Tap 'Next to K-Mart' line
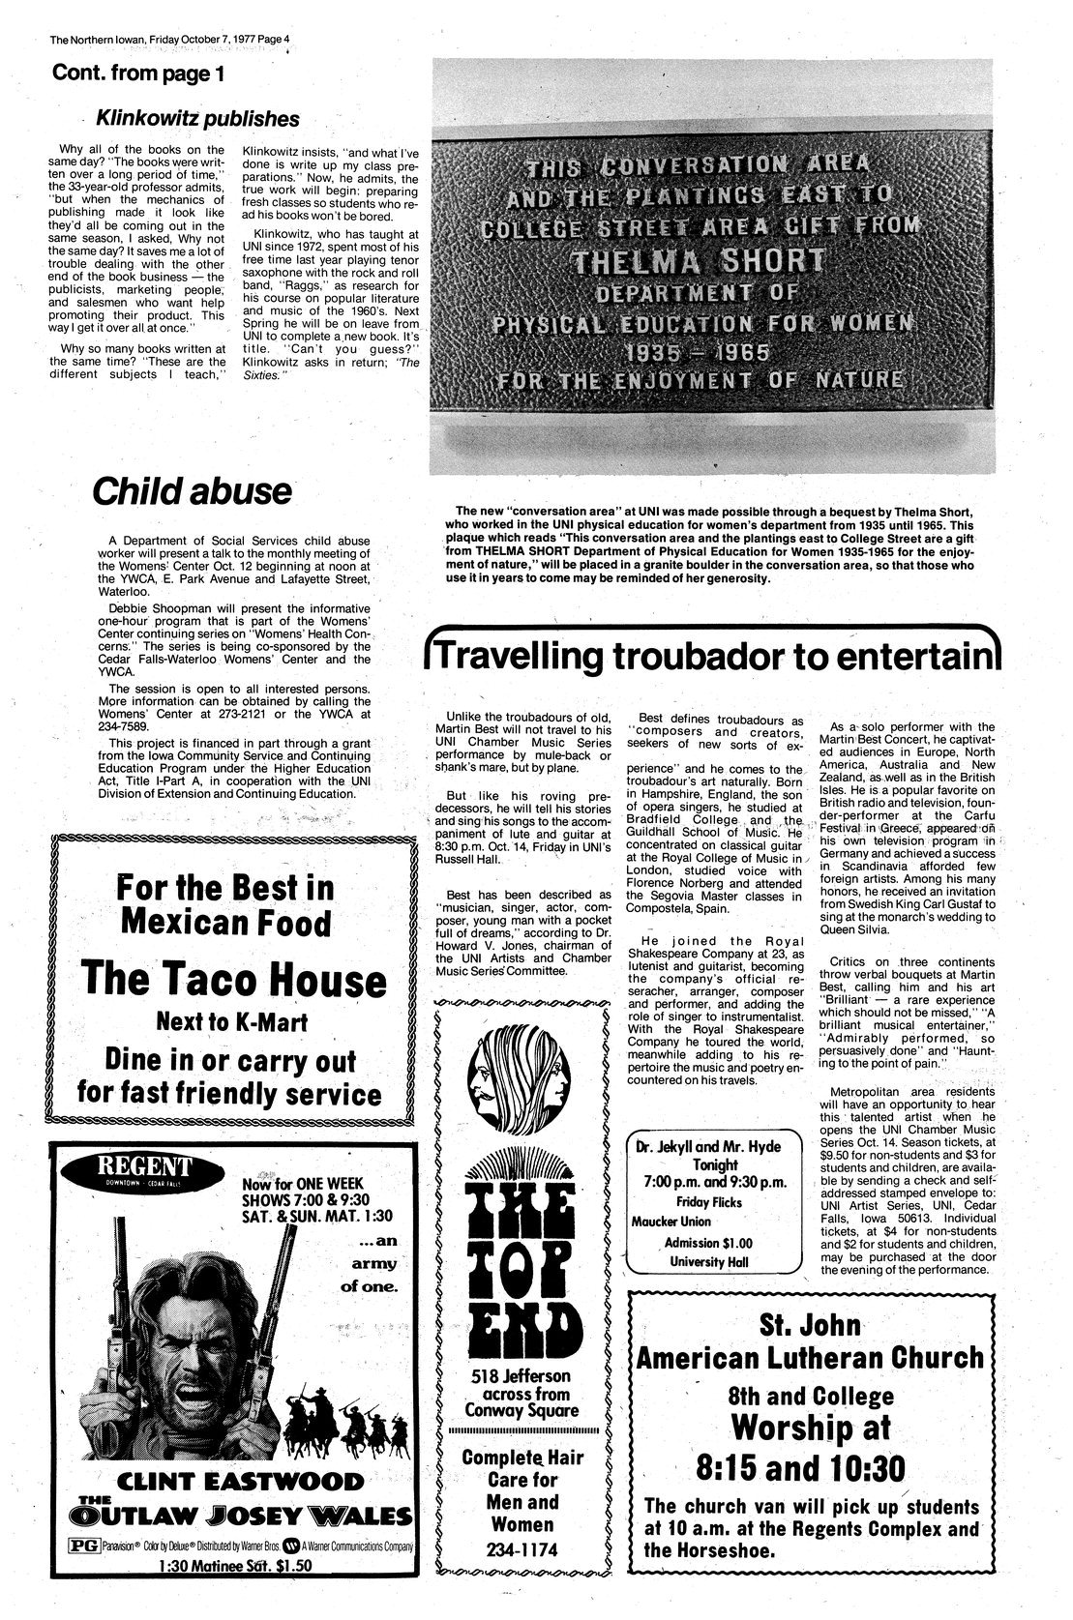pos(233,1020)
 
